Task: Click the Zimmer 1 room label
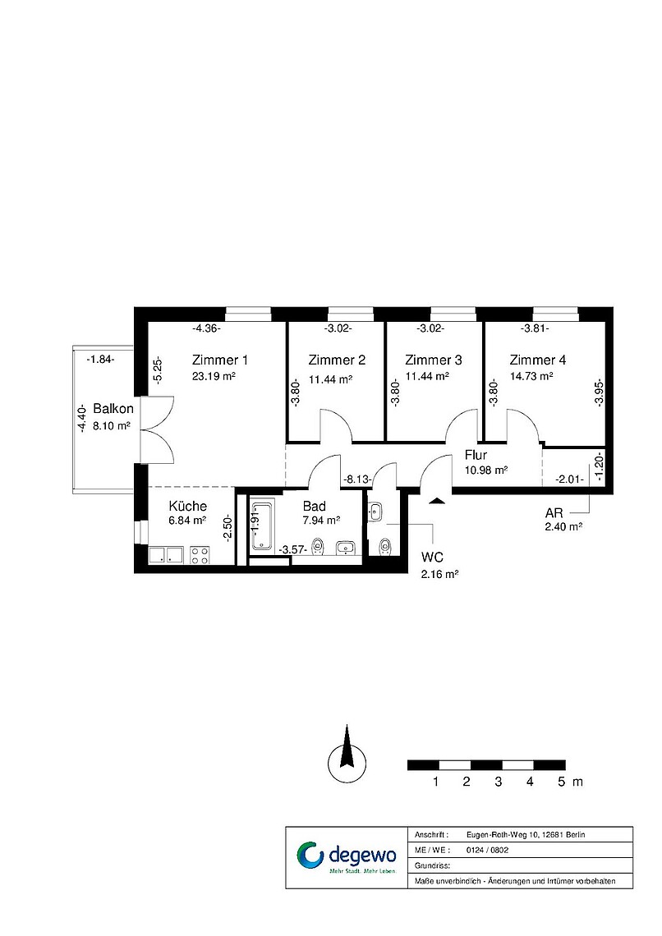coord(219,360)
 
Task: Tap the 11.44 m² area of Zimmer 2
coord(330,379)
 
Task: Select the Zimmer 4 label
coord(537,360)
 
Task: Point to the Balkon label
coord(113,409)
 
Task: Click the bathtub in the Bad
coord(262,526)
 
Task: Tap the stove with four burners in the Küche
coord(200,555)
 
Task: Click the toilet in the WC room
coord(386,546)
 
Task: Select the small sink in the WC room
coord(375,512)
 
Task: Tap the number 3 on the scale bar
coord(498,782)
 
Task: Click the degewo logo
coord(347,858)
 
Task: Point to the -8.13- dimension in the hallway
coord(357,479)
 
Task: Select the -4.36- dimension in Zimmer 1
coord(206,328)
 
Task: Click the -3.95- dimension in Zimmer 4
coord(599,393)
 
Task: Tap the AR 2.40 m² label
coord(563,520)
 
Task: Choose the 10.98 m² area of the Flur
coord(486,470)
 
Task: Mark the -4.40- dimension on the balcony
coord(81,419)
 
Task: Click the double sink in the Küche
coord(166,555)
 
